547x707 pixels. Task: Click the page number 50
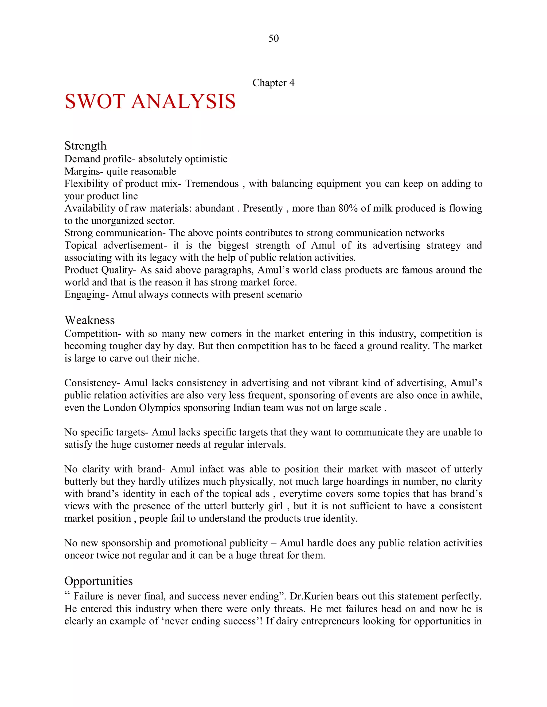tap(273, 38)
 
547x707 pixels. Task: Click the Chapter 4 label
tap(273, 83)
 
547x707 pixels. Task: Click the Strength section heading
tap(85, 146)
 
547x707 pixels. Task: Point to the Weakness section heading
tap(89, 320)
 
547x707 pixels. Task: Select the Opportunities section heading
tap(99, 581)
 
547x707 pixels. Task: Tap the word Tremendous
tap(212, 184)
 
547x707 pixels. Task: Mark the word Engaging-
tap(87, 295)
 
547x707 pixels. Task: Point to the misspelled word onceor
tap(79, 555)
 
